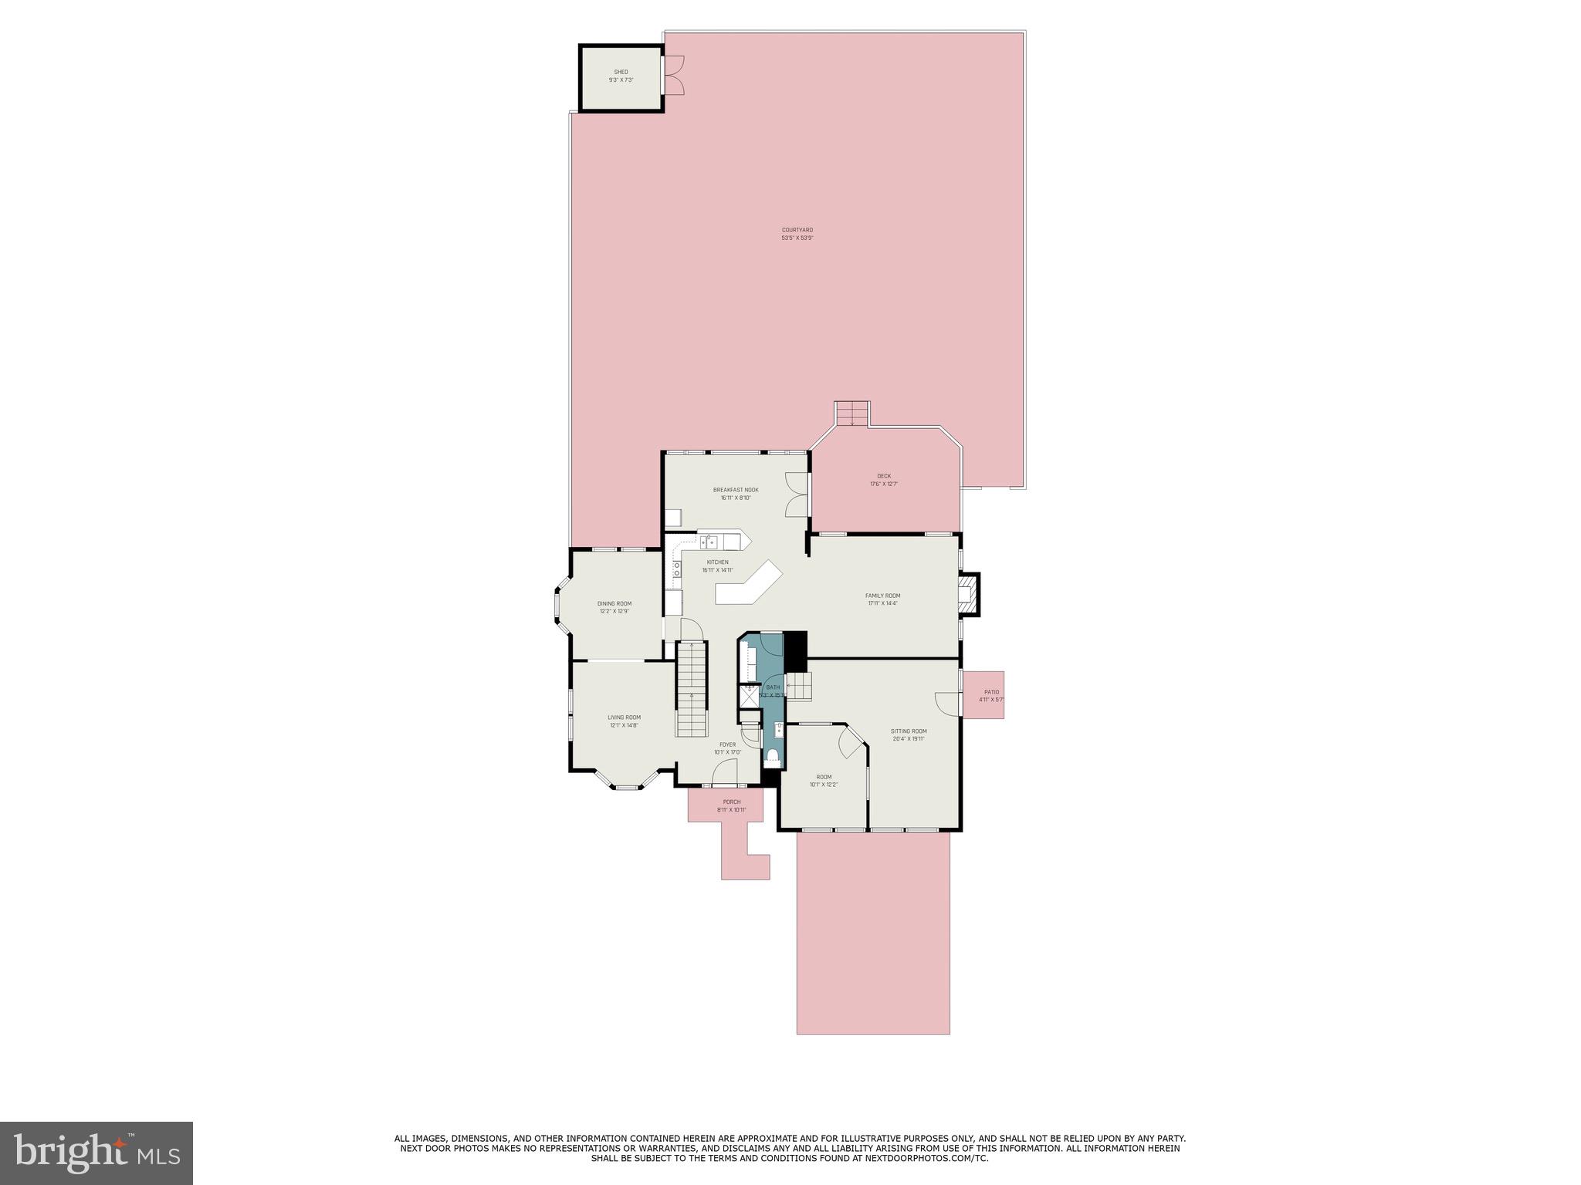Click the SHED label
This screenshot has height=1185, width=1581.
tap(621, 72)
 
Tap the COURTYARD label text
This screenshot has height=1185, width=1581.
tap(797, 230)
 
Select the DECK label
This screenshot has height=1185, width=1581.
tap(884, 476)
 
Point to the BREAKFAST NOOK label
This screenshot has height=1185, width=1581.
tap(735, 490)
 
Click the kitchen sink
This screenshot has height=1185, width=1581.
tap(709, 542)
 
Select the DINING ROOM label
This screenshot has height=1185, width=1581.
tap(614, 603)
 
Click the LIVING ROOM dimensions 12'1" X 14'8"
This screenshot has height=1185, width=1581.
tap(624, 725)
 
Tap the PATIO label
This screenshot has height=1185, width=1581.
tap(991, 692)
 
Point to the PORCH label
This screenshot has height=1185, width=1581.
tap(731, 802)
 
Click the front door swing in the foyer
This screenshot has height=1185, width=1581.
tap(725, 771)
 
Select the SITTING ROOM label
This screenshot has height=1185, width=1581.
tap(909, 731)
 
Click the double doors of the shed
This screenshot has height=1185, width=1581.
tap(673, 76)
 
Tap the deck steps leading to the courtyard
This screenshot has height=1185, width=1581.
tap(851, 414)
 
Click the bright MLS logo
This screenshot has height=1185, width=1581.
tap(96, 1152)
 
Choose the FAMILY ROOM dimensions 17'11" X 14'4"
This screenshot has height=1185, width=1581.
tap(882, 603)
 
